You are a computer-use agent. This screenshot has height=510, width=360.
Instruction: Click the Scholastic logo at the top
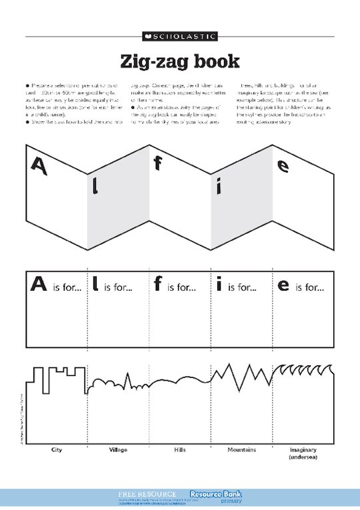tap(179, 35)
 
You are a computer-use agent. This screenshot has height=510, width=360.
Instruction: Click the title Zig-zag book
tap(179, 61)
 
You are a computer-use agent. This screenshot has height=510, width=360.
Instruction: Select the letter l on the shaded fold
tap(95, 187)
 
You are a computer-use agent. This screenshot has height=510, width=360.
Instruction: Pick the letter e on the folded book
tap(283, 165)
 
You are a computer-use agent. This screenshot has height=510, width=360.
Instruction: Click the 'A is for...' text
tap(56, 287)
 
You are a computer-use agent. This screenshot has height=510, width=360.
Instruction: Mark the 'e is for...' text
tap(301, 287)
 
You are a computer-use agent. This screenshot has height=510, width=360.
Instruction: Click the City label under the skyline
tap(57, 450)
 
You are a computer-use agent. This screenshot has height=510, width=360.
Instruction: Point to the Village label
tap(118, 450)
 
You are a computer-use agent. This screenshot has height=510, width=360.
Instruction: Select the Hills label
tap(179, 450)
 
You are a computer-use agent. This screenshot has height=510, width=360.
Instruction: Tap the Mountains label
tap(241, 450)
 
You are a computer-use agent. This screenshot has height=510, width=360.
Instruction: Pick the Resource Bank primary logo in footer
tap(215, 497)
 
